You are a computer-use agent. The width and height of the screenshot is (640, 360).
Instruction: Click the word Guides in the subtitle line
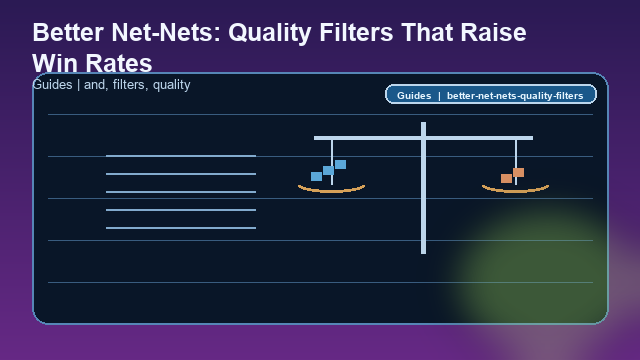[52, 85]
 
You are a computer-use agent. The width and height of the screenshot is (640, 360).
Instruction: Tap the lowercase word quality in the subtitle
[171, 85]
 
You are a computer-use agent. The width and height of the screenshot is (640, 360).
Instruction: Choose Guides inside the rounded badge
[414, 96]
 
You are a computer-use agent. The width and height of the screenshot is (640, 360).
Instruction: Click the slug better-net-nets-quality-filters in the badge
[515, 96]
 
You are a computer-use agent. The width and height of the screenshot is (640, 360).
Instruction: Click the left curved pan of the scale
[331, 188]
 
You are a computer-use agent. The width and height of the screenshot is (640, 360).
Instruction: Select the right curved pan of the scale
[515, 188]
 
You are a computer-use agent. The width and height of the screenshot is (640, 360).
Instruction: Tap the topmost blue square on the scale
[340, 164]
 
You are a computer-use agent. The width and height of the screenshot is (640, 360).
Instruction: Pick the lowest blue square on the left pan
[316, 177]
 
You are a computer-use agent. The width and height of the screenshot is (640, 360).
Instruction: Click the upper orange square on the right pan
[518, 172]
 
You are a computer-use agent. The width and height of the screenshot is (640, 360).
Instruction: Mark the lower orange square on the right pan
[506, 178]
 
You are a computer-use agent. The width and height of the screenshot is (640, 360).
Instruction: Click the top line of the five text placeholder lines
[181, 156]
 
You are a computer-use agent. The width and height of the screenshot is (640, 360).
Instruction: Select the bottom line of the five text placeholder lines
[181, 228]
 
